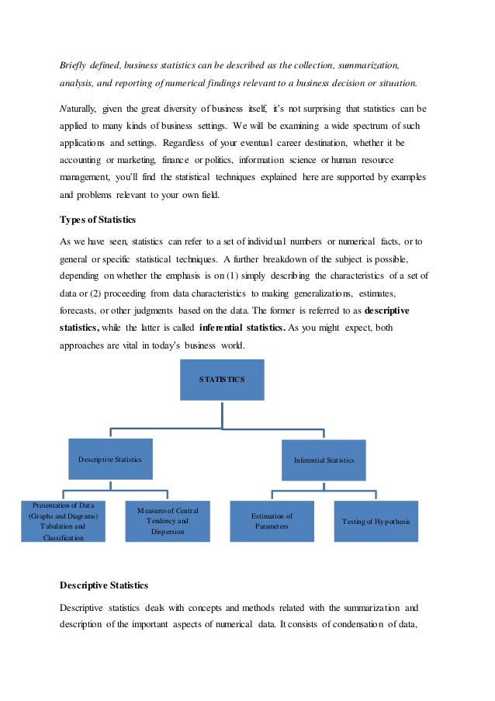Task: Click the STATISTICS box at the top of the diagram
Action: click(222, 380)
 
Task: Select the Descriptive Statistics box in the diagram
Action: click(110, 460)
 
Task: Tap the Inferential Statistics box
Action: click(324, 460)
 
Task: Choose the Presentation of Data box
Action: click(63, 521)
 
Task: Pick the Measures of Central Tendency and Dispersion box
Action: click(168, 521)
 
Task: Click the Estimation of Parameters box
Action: click(272, 521)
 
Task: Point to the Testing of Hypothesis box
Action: click(376, 521)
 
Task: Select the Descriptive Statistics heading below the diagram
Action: click(104, 585)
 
